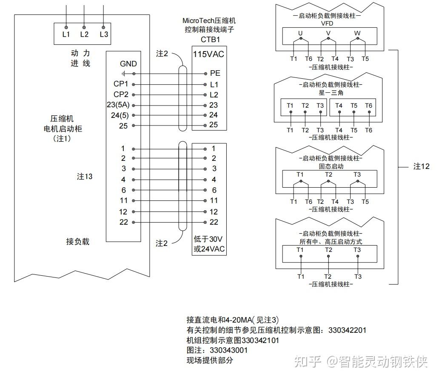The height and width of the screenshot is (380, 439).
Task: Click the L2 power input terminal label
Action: pos(84,34)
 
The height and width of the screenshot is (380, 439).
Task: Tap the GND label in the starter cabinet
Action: pos(128,64)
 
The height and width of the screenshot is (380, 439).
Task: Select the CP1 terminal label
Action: pos(121,84)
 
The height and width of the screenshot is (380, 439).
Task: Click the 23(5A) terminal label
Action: pos(119,105)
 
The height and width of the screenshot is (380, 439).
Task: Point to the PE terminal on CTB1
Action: pos(215,74)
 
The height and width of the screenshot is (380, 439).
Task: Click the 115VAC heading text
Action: pos(208,54)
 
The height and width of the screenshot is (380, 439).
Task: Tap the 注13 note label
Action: pos(84,177)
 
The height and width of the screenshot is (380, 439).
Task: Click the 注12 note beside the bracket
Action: pos(422,166)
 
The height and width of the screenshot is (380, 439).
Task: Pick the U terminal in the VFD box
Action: pos(300,33)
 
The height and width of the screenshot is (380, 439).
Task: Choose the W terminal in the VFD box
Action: pos(357,33)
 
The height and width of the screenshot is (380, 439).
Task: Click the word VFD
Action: pos(328,23)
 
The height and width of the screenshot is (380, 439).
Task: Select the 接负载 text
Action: pos(78,242)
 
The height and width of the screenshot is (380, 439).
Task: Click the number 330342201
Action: pos(347,330)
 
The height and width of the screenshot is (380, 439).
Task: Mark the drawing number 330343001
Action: pos(228,350)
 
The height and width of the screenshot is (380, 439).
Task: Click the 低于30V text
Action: pos(208,239)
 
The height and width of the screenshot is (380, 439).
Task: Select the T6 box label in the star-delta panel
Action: pos(368,106)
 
